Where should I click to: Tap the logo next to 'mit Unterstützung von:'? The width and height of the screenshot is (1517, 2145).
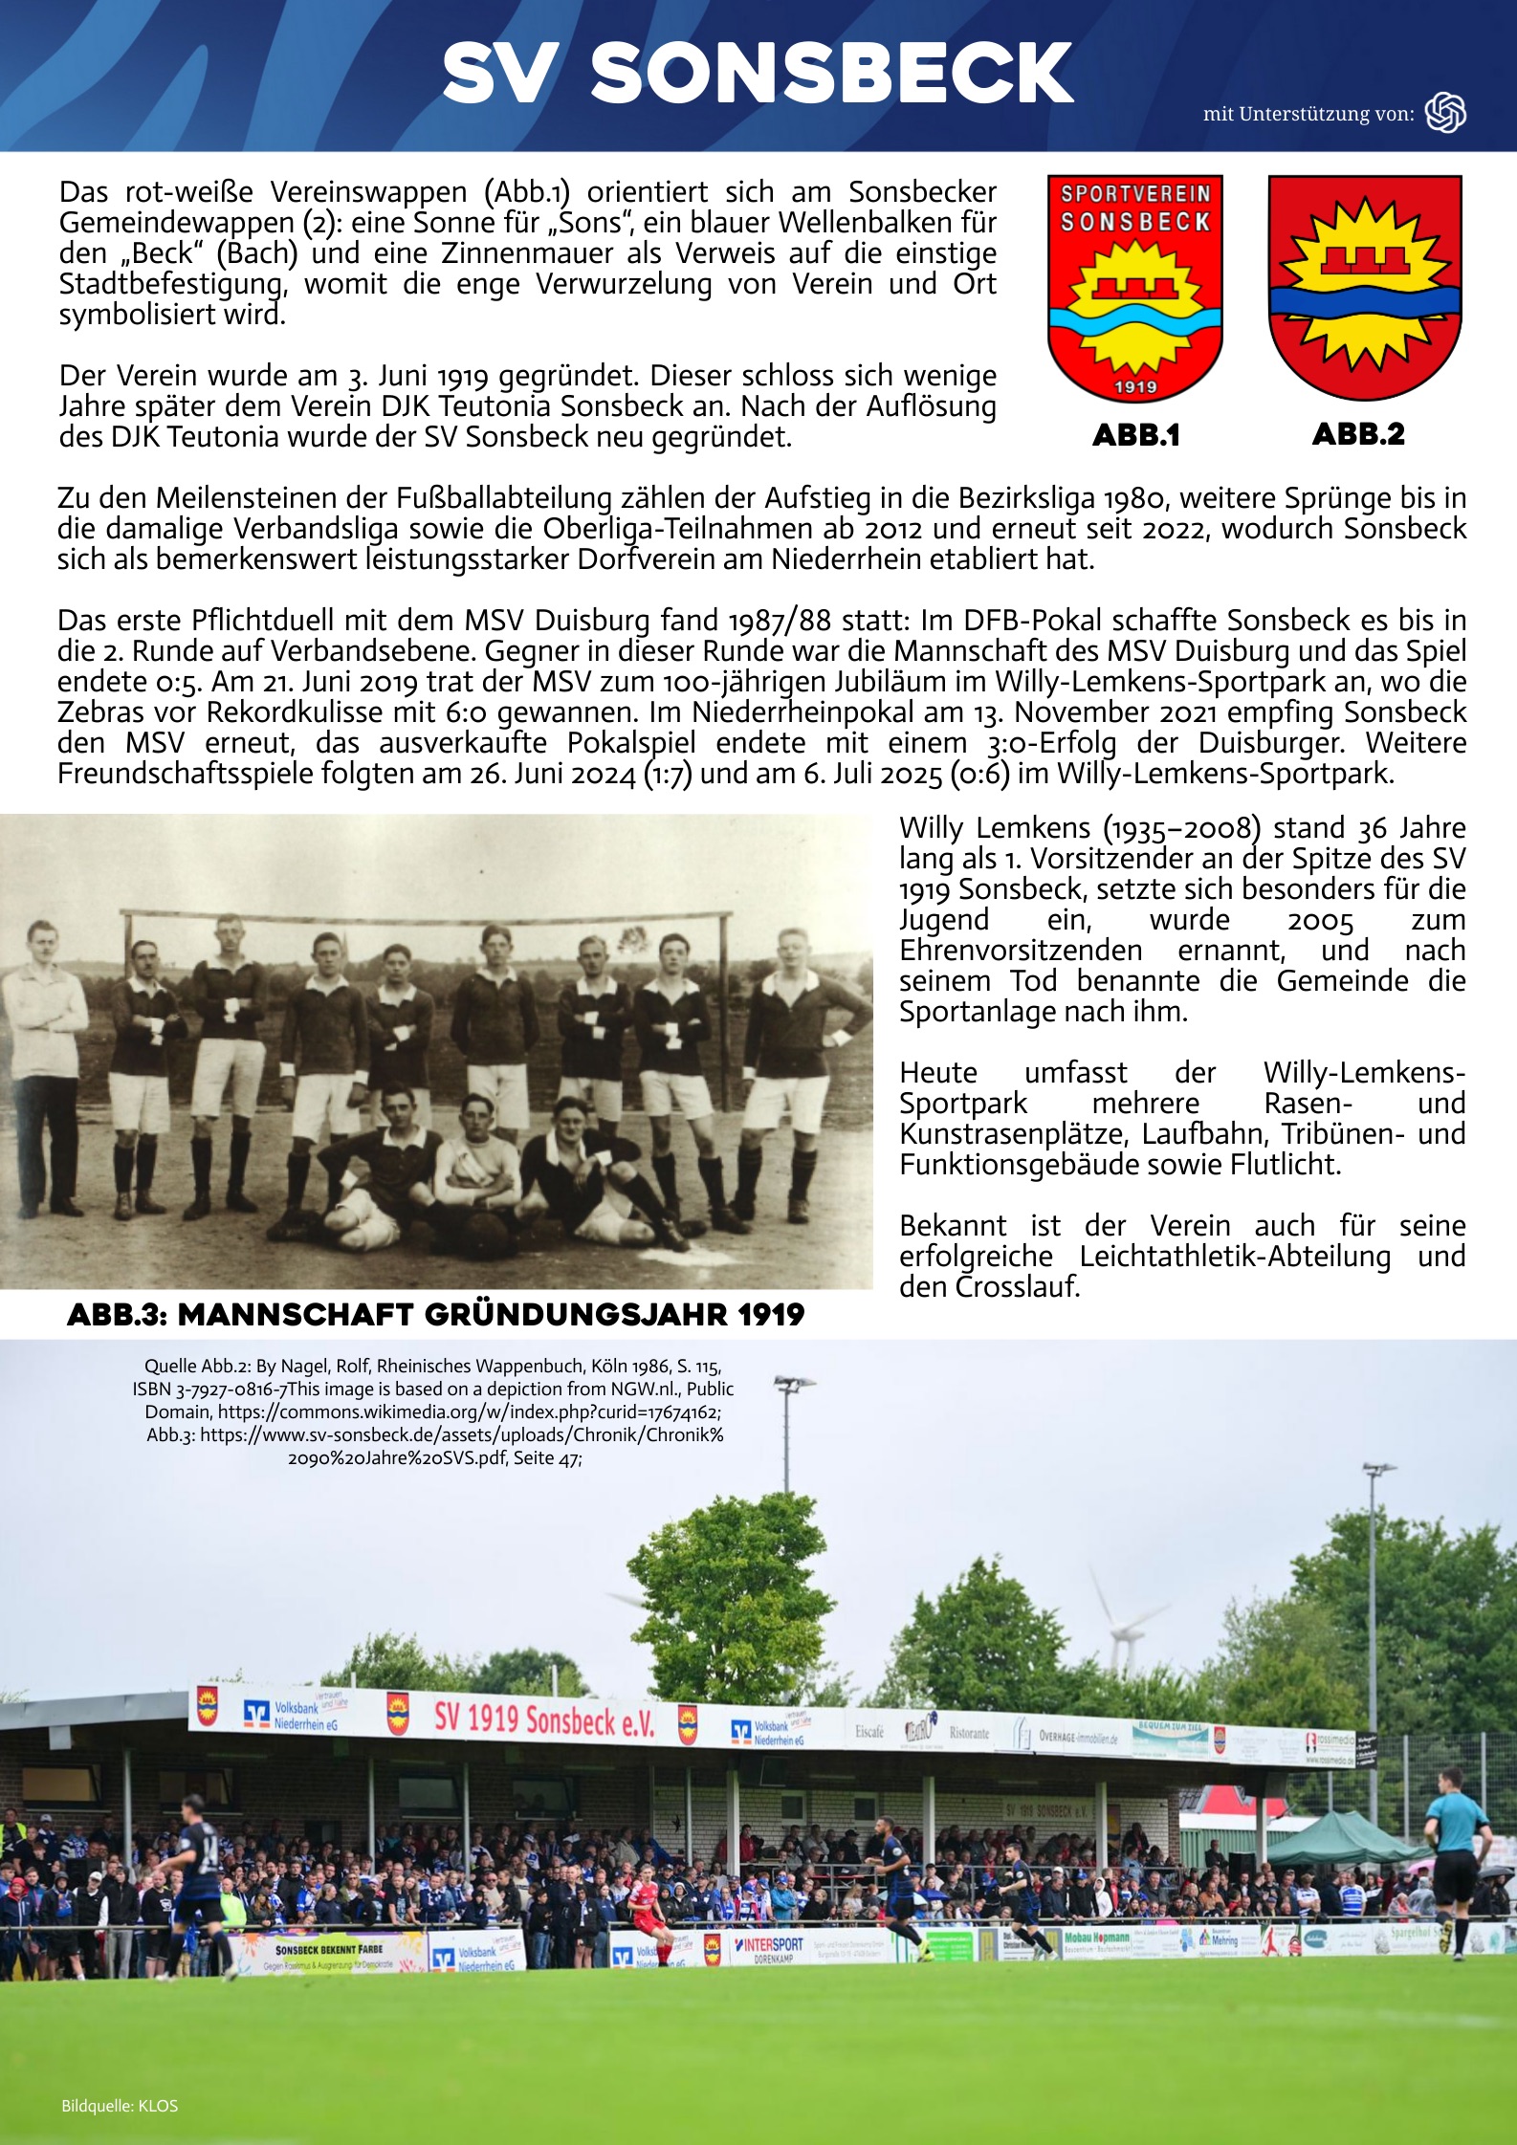click(1445, 113)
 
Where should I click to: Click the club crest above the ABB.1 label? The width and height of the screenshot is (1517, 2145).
click(1135, 287)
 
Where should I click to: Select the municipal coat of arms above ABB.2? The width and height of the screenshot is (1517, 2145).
click(1365, 287)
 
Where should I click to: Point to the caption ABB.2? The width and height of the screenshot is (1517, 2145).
click(1358, 434)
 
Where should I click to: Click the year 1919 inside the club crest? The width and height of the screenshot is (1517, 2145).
click(1135, 386)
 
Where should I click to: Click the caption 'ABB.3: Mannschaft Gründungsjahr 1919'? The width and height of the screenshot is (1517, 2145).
click(436, 1315)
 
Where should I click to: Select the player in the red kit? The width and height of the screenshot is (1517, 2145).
click(650, 1898)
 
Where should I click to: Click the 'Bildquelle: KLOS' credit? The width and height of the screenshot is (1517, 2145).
click(120, 2106)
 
